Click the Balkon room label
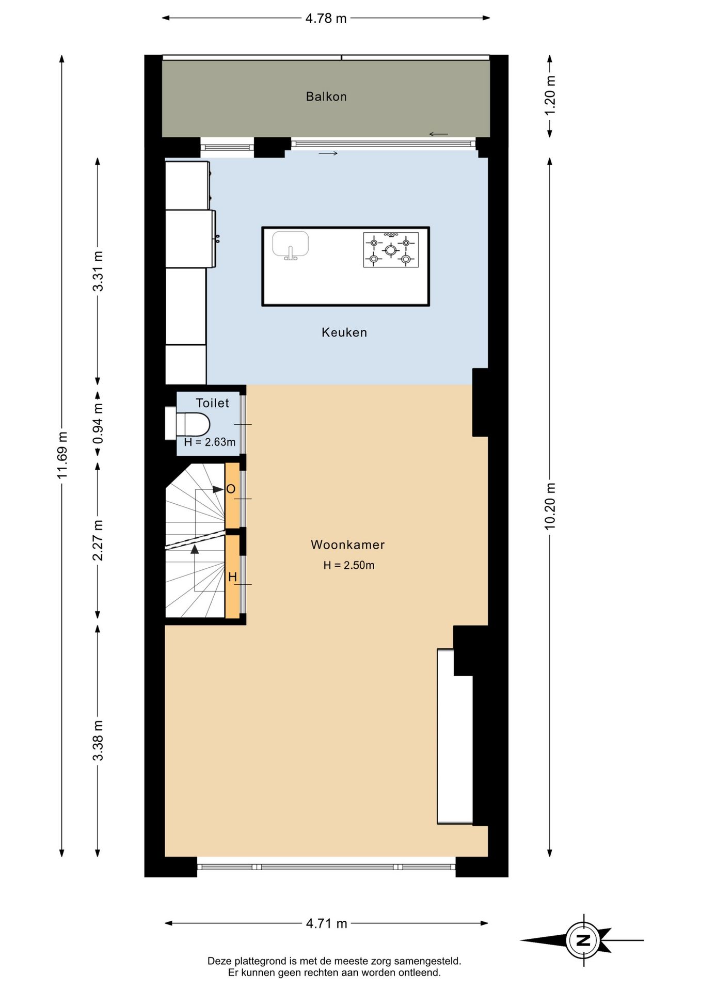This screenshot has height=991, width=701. tap(326, 97)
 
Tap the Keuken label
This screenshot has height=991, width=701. tap(344, 332)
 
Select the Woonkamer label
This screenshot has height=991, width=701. tap(347, 545)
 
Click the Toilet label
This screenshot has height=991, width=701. tap(212, 403)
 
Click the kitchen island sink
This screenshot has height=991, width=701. tap(291, 245)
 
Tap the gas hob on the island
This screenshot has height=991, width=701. tap(391, 250)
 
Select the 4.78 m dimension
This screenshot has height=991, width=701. tap(326, 19)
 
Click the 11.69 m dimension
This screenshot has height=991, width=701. tap(62, 455)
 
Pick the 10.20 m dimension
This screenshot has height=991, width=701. tap(550, 506)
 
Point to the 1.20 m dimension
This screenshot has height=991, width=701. tap(550, 96)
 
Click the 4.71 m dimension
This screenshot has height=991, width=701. tap(326, 923)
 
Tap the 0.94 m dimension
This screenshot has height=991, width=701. tap(98, 423)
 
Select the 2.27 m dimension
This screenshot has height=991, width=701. tap(98, 540)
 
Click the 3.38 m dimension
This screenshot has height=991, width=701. tap(98, 741)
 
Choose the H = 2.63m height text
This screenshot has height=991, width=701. tap(210, 442)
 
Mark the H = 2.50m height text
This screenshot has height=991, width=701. tap(349, 565)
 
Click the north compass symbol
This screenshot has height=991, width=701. tap(583, 940)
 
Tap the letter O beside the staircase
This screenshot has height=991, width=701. tap(231, 489)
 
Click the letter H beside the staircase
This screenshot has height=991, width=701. tap(232, 577)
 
